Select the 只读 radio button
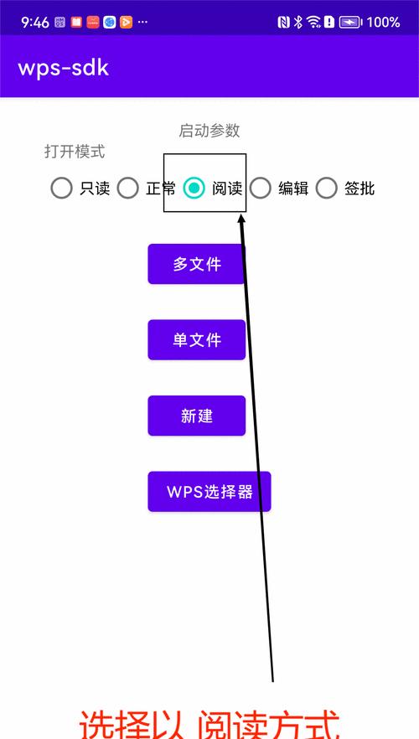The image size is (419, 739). click(x=61, y=188)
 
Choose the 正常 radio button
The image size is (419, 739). click(x=127, y=188)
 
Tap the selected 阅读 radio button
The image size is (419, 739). click(x=194, y=188)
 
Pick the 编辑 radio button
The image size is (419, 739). click(x=260, y=188)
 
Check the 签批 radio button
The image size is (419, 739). click(x=327, y=188)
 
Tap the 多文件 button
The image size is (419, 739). click(x=197, y=264)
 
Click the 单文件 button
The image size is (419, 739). click(x=197, y=340)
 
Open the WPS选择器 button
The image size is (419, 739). click(x=209, y=492)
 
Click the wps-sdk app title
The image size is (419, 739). click(x=64, y=69)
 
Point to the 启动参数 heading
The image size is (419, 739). click(x=209, y=131)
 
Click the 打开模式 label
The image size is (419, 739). click(x=75, y=152)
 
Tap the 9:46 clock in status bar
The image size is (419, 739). click(x=35, y=22)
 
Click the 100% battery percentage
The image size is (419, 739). click(x=383, y=22)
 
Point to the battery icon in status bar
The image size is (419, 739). click(x=350, y=22)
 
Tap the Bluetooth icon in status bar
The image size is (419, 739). click(x=297, y=22)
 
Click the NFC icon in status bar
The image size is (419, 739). click(x=284, y=22)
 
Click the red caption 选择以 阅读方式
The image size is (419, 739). click(x=209, y=723)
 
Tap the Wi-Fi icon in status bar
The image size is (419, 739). click(x=313, y=22)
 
